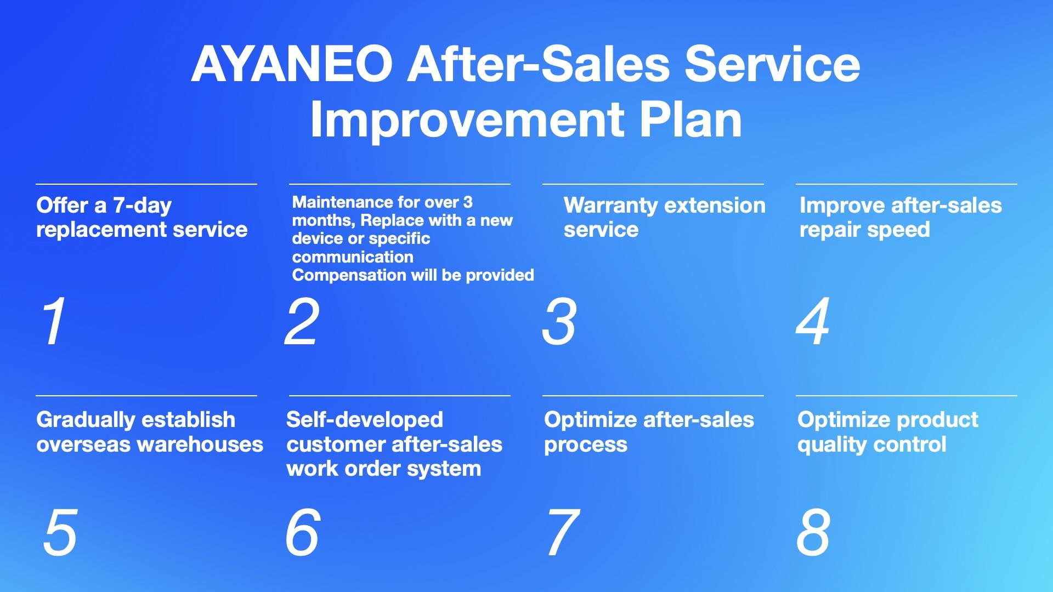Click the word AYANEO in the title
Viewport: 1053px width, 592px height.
[292, 64]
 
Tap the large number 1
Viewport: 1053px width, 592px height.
[54, 321]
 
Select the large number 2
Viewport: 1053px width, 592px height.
[301, 321]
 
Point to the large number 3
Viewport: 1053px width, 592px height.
[559, 322]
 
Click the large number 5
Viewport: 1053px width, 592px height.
[60, 532]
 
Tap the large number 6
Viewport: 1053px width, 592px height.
[302, 532]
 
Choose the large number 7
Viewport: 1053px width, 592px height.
[563, 532]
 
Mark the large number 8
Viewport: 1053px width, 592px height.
[813, 532]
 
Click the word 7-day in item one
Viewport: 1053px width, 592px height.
[142, 206]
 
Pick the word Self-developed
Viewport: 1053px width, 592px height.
[365, 420]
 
